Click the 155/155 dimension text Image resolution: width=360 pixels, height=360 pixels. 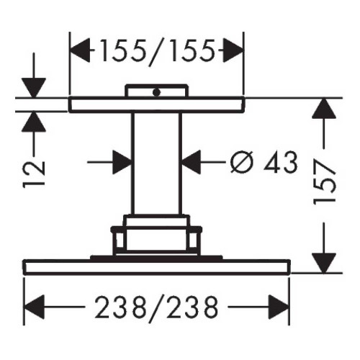point(157,51)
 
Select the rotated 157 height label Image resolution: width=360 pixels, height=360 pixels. point(325,182)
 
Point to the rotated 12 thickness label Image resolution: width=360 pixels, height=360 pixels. point(34,174)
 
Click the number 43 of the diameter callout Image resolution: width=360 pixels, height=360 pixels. point(281,162)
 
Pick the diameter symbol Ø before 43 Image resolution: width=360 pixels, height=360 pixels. point(241,162)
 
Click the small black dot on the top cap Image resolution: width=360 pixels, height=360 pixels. point(156,92)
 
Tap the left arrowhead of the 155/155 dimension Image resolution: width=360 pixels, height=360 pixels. point(80,50)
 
